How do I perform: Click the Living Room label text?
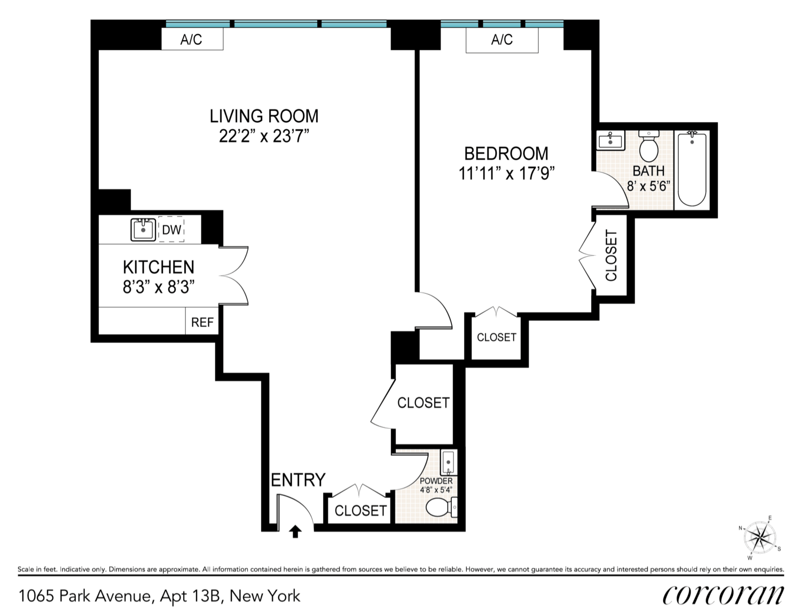point(264,116)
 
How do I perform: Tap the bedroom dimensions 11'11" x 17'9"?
point(506,174)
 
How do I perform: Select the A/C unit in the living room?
point(192,40)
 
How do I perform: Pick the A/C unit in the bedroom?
point(501,40)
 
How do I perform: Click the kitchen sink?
point(143,230)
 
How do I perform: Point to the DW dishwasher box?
point(171,230)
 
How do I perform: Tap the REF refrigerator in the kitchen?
point(202,322)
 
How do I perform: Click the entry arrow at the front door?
point(295,531)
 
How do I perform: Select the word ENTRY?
point(298,480)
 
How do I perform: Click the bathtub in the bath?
point(692,170)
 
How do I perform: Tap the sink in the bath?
point(609,141)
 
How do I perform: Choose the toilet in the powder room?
point(441,507)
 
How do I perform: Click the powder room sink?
point(449,463)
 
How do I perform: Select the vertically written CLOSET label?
point(611,255)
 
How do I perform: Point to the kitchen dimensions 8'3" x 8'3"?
point(159,287)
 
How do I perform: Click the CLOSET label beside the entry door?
point(360,511)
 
